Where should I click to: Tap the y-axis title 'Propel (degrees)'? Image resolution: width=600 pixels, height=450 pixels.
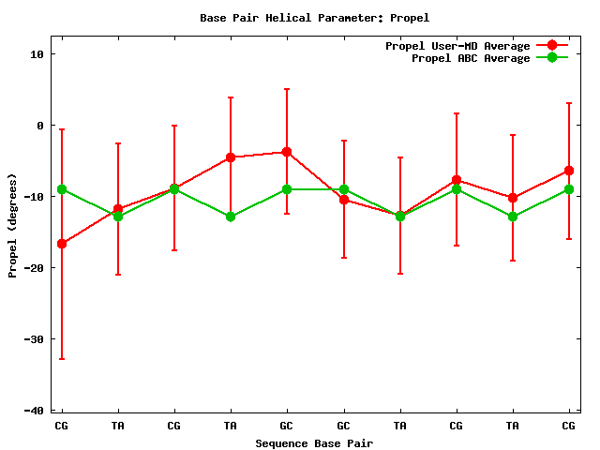pyautogui.click(x=13, y=225)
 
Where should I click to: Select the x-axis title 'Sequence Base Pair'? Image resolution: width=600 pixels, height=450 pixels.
pyautogui.click(x=314, y=443)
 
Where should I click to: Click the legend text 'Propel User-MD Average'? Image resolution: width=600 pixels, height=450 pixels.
pyautogui.click(x=457, y=46)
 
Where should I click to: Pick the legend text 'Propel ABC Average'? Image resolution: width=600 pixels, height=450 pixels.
pyautogui.click(x=471, y=58)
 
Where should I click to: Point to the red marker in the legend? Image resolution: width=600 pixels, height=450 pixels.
pyautogui.click(x=552, y=46)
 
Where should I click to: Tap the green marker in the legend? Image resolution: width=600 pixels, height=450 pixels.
pyautogui.click(x=552, y=58)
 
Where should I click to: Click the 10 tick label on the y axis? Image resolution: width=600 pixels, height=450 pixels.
pyautogui.click(x=37, y=54)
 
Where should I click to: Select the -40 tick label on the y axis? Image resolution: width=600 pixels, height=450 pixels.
pyautogui.click(x=33, y=411)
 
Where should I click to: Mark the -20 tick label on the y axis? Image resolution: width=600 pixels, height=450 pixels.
pyautogui.click(x=33, y=268)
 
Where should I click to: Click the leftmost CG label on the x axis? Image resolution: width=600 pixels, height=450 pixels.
pyautogui.click(x=62, y=427)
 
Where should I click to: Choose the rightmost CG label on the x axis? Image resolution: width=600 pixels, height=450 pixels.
pyautogui.click(x=568, y=427)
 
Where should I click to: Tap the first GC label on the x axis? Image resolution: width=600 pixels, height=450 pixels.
pyautogui.click(x=287, y=427)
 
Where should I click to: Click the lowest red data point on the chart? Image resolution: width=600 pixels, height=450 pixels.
pyautogui.click(x=62, y=244)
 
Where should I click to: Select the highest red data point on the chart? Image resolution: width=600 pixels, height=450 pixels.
pyautogui.click(x=287, y=152)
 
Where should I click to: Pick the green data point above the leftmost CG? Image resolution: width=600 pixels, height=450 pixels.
pyautogui.click(x=62, y=189)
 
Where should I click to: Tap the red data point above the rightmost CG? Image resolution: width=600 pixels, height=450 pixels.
pyautogui.click(x=568, y=171)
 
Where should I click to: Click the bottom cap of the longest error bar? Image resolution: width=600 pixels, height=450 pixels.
pyautogui.click(x=62, y=359)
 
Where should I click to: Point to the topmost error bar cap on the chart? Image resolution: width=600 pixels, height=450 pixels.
pyautogui.click(x=287, y=89)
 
